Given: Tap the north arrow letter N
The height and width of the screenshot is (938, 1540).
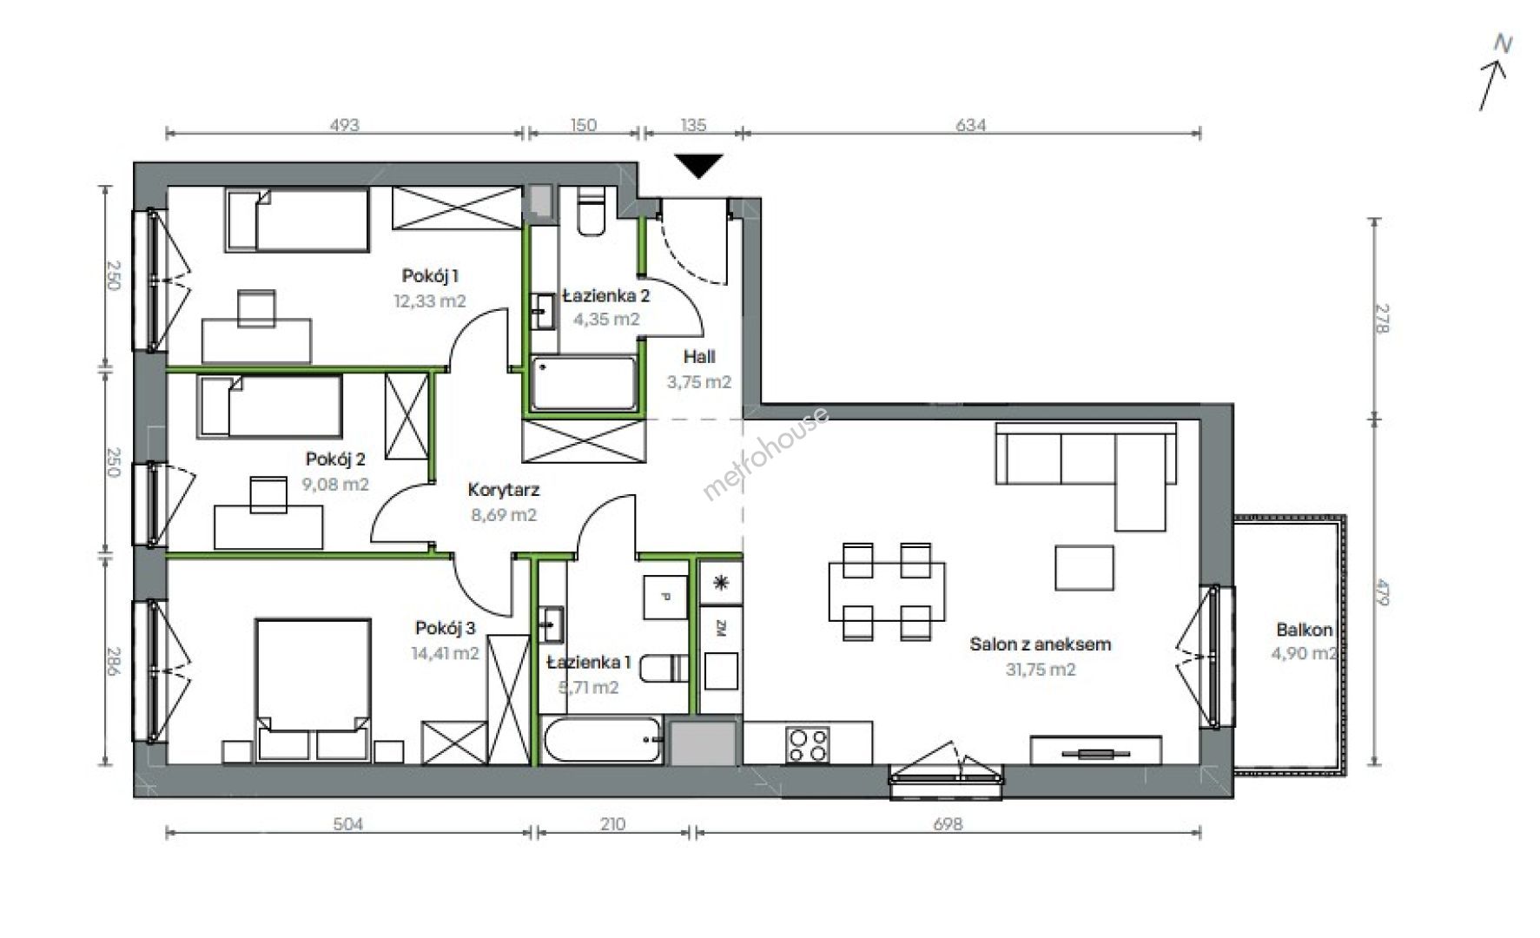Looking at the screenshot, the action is click(x=1502, y=43).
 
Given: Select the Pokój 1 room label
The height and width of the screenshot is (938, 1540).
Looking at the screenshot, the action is click(x=430, y=276).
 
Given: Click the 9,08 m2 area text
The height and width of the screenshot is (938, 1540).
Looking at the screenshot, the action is click(x=335, y=484).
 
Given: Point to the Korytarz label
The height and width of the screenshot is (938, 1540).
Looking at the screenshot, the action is click(x=503, y=491).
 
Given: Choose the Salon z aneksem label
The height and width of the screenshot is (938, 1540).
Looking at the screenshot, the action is click(x=1041, y=644).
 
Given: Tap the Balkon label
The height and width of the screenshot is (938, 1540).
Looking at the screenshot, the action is click(x=1304, y=630).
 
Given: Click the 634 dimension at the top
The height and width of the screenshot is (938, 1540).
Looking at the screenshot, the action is click(x=971, y=125).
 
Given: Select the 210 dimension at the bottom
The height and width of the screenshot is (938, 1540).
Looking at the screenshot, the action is click(x=612, y=823).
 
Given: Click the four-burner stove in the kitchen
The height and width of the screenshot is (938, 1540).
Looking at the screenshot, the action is click(x=808, y=744).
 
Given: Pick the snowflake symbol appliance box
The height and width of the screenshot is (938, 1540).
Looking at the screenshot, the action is click(x=721, y=583).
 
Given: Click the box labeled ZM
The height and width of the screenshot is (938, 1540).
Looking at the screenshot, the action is click(x=721, y=627).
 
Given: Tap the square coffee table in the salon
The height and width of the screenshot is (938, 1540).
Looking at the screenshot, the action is click(x=1085, y=567).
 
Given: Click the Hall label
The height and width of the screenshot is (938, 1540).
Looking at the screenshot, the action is click(x=699, y=356).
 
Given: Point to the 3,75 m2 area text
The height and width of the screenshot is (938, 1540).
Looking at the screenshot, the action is click(x=699, y=381).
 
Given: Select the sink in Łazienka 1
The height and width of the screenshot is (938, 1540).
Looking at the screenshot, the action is click(x=551, y=623).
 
